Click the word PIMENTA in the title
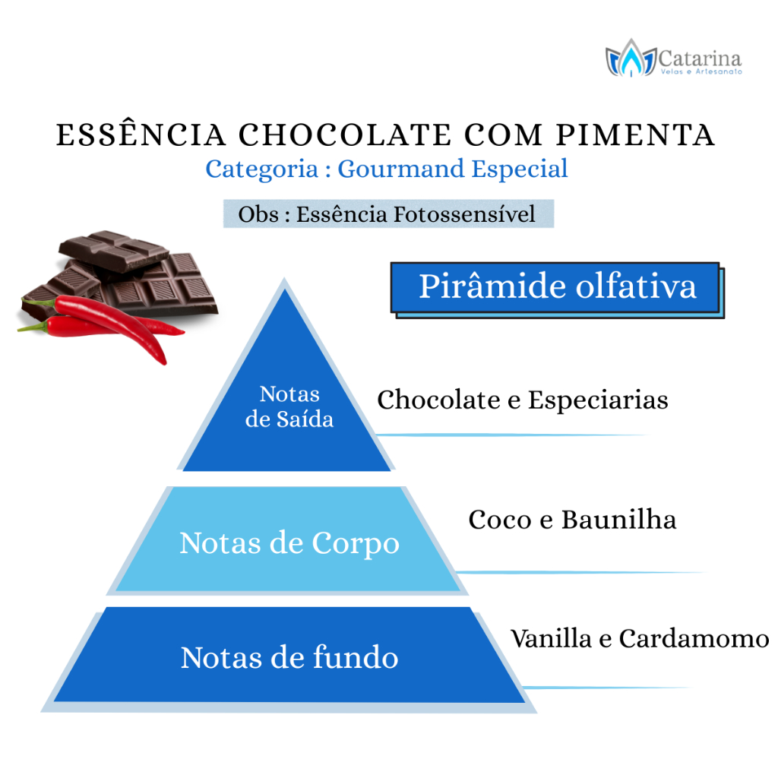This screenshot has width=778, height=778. pos(635,135)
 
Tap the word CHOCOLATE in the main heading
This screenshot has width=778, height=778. pos(346,135)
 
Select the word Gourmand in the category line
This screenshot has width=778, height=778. pos(400,169)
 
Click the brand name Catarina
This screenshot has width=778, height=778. pos(700,59)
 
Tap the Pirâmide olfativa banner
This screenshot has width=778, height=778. pos(557,289)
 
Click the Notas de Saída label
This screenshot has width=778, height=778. pos(289,406)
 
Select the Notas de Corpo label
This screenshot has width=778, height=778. pos(289,542)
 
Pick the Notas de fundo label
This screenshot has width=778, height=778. pos(289,657)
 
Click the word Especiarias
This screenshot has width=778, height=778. pos(598,400)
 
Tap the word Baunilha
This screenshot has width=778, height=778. pos(618,520)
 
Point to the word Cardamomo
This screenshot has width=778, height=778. pos(694,638)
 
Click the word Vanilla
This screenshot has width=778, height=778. pos(552,638)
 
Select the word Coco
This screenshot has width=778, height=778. pos(500,520)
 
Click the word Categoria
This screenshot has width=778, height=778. pos(261,169)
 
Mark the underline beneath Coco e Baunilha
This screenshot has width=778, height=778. pos(580,573)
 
